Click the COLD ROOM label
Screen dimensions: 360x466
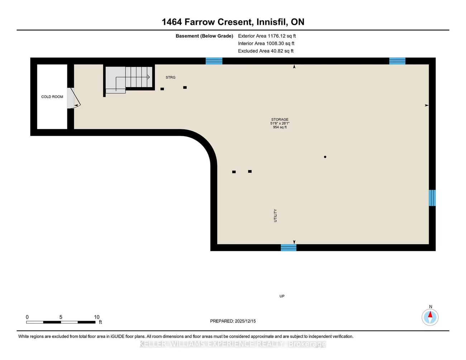52,97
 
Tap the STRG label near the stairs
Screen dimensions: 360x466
171,77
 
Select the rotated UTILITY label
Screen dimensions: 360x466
275,216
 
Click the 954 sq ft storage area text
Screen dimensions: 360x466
280,127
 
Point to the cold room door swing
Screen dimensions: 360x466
75,98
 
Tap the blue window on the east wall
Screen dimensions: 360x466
432,198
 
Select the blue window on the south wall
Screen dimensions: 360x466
288,248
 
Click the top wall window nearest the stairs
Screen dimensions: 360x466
214,61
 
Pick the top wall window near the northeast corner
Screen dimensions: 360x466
397,61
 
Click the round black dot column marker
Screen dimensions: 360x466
325,157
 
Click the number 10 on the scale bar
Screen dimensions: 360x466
97,317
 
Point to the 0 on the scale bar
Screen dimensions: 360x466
27,317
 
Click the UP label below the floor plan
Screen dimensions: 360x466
282,296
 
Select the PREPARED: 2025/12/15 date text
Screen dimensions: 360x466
233,321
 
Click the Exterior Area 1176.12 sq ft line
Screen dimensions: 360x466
267,36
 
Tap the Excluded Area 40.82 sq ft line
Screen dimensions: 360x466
266,51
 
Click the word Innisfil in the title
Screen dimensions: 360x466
272,22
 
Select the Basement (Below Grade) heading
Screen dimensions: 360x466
204,36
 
